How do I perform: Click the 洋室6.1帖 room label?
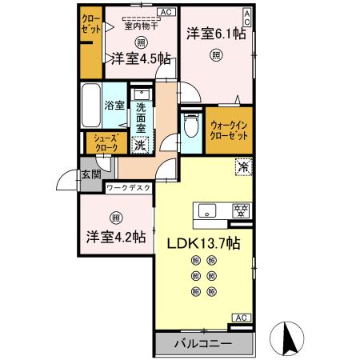tap(215, 34)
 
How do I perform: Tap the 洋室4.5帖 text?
tap(140, 58)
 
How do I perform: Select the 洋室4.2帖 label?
tap(116, 237)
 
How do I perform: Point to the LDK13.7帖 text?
tap(204, 242)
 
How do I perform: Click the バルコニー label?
tap(204, 344)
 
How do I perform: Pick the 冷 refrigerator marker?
tap(243, 167)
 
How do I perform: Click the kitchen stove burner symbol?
tap(239, 211)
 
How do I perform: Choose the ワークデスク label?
tap(128, 190)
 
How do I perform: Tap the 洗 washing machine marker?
tap(140, 145)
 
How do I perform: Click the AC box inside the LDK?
tap(239, 318)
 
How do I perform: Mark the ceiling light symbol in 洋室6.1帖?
tap(215, 55)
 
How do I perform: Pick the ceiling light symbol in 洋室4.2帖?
tap(116, 217)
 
